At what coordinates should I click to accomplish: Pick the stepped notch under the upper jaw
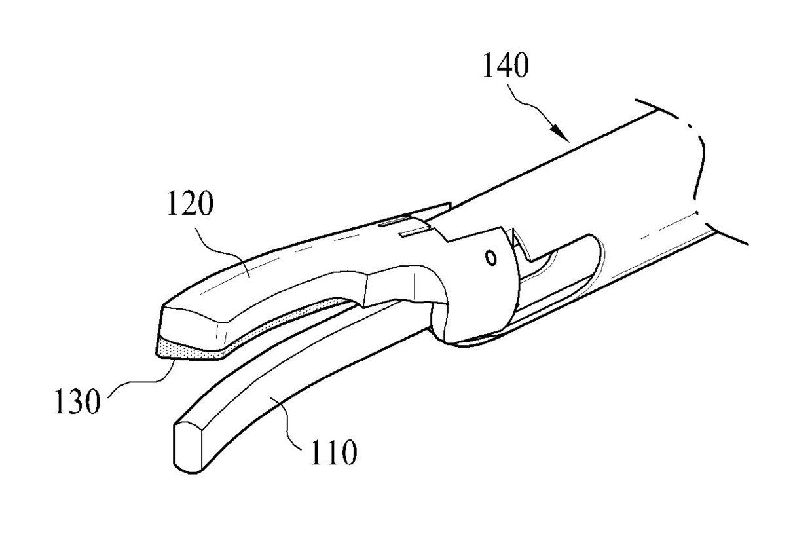(393, 288)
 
